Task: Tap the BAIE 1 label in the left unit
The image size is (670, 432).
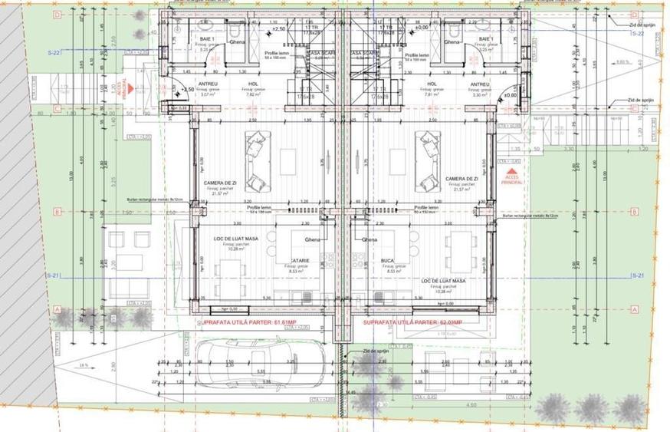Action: pyautogui.click(x=207, y=38)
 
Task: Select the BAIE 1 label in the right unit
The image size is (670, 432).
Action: pyautogui.click(x=484, y=38)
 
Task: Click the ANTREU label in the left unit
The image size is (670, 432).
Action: pyautogui.click(x=208, y=84)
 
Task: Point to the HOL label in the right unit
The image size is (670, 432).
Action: pyautogui.click(x=432, y=84)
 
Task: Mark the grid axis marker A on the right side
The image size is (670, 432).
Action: pyautogui.click(x=634, y=308)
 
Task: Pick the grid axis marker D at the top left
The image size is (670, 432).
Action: pyautogui.click(x=57, y=15)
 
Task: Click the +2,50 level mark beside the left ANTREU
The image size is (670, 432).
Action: pyautogui.click(x=186, y=89)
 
